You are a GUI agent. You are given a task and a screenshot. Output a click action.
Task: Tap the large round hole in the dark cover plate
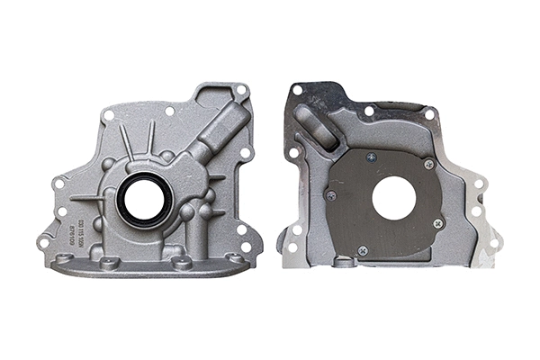393,198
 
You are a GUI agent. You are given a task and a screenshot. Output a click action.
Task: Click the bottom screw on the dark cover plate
363,249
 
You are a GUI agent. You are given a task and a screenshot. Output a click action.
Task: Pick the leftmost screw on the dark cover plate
331,194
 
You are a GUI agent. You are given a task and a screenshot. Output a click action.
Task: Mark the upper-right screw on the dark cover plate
428,164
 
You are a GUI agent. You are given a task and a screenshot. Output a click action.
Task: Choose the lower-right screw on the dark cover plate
438,221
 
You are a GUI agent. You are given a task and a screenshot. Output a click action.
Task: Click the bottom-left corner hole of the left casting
42,242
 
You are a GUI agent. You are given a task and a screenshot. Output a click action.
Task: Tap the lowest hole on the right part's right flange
493,241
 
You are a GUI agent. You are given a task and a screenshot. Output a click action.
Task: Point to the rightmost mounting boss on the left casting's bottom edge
235,258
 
